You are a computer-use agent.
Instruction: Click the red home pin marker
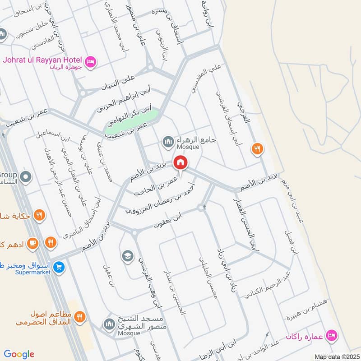(180, 162)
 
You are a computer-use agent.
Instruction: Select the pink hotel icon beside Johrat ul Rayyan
(90, 61)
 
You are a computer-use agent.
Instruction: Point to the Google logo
(19, 354)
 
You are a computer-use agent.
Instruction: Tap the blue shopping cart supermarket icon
(58, 267)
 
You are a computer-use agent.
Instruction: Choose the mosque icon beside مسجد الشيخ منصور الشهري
(109, 324)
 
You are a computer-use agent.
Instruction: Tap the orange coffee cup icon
(32, 243)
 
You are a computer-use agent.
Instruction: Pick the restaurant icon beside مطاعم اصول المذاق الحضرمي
(80, 317)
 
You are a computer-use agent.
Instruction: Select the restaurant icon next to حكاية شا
(40, 216)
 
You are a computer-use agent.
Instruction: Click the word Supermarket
(33, 273)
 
